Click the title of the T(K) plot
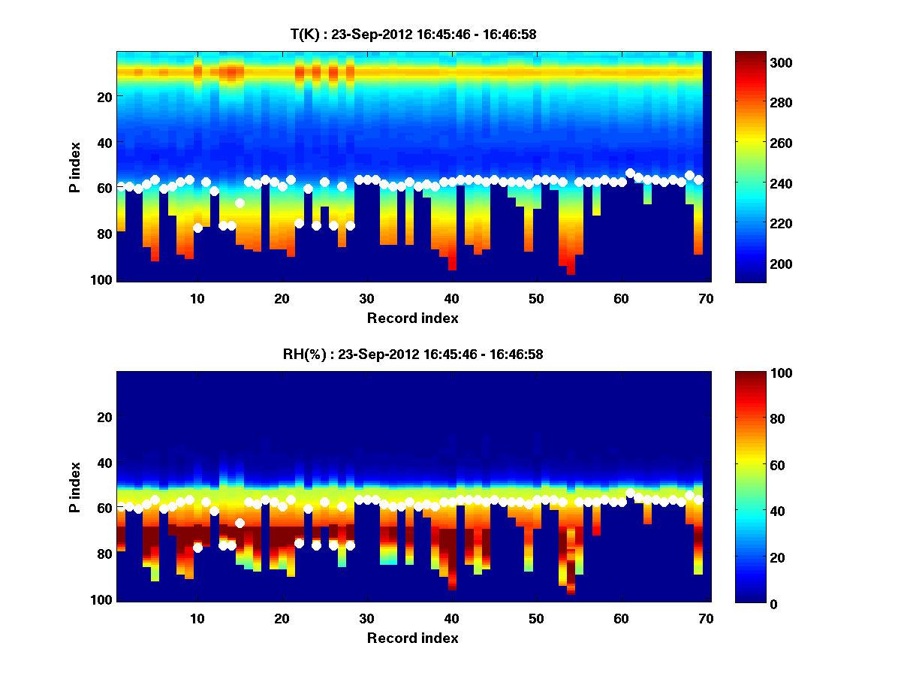(x=413, y=34)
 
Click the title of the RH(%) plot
(x=413, y=354)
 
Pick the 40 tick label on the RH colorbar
(x=751, y=511)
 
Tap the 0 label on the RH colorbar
(x=748, y=603)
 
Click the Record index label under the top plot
(x=413, y=318)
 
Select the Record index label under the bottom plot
(x=413, y=638)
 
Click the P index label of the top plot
(x=74, y=167)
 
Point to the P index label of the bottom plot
(x=74, y=487)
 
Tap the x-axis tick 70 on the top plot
(x=706, y=298)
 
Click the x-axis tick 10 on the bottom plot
(x=197, y=618)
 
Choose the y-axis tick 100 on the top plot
(x=104, y=279)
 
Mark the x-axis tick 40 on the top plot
(x=451, y=298)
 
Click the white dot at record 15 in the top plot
(x=240, y=203)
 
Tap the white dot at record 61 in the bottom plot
(x=630, y=493)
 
